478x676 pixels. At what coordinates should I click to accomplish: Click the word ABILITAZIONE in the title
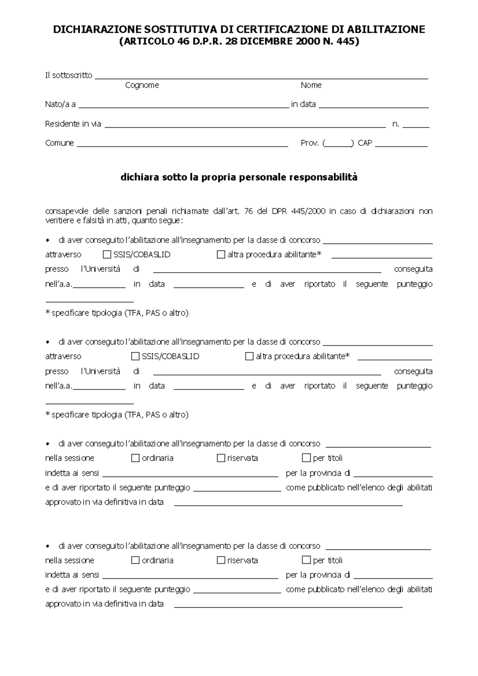point(386,29)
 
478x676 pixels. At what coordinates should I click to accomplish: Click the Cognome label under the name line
point(142,85)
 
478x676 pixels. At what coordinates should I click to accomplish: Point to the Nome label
point(311,85)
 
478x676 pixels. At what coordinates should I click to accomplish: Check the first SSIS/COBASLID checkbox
point(107,254)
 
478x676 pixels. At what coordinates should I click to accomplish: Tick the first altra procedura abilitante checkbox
point(221,254)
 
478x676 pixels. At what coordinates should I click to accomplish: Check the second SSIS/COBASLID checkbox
point(135,356)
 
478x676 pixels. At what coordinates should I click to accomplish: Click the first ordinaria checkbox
point(135,458)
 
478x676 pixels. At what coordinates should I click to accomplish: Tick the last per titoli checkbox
point(306,560)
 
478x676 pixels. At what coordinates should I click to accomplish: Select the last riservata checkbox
point(221,560)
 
